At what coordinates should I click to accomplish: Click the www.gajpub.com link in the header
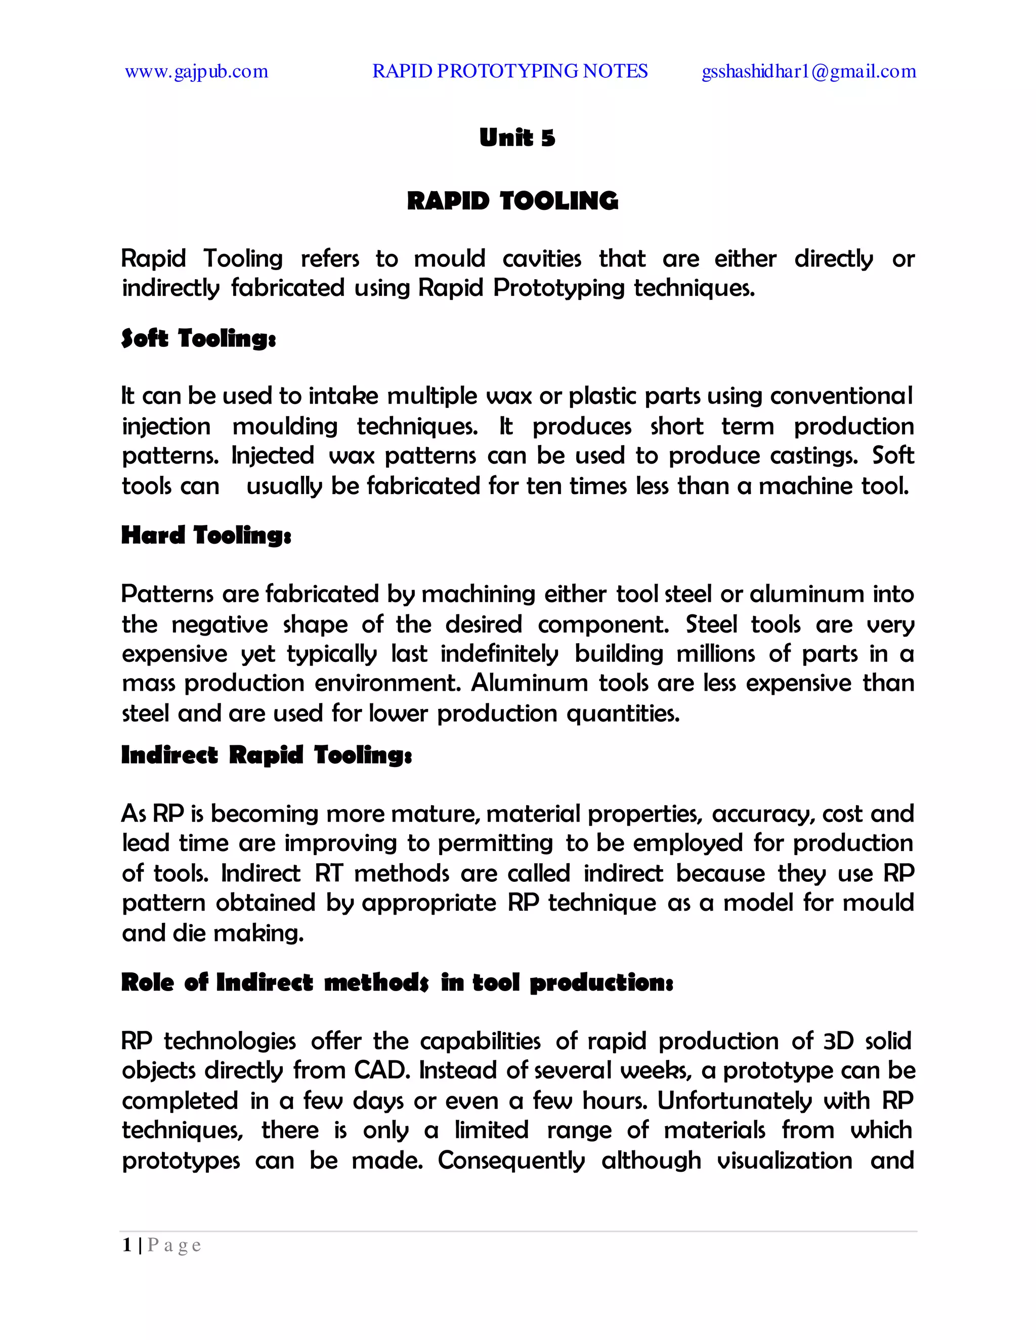pyautogui.click(x=196, y=72)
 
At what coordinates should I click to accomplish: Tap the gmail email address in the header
pyautogui.click(x=808, y=72)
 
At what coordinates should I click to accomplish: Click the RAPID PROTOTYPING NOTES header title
pyautogui.click(x=509, y=71)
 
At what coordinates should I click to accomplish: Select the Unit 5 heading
pyautogui.click(x=517, y=138)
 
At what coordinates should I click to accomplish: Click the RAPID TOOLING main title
pyautogui.click(x=512, y=201)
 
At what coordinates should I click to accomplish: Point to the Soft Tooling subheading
pyautogui.click(x=198, y=338)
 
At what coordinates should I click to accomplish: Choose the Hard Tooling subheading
pyautogui.click(x=205, y=535)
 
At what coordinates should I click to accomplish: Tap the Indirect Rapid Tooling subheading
pyautogui.click(x=267, y=754)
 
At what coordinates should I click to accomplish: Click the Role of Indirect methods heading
pyautogui.click(x=397, y=982)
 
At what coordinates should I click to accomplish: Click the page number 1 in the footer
pyautogui.click(x=127, y=1245)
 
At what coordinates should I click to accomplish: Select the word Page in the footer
pyautogui.click(x=175, y=1245)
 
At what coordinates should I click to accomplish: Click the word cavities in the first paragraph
pyautogui.click(x=541, y=258)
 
